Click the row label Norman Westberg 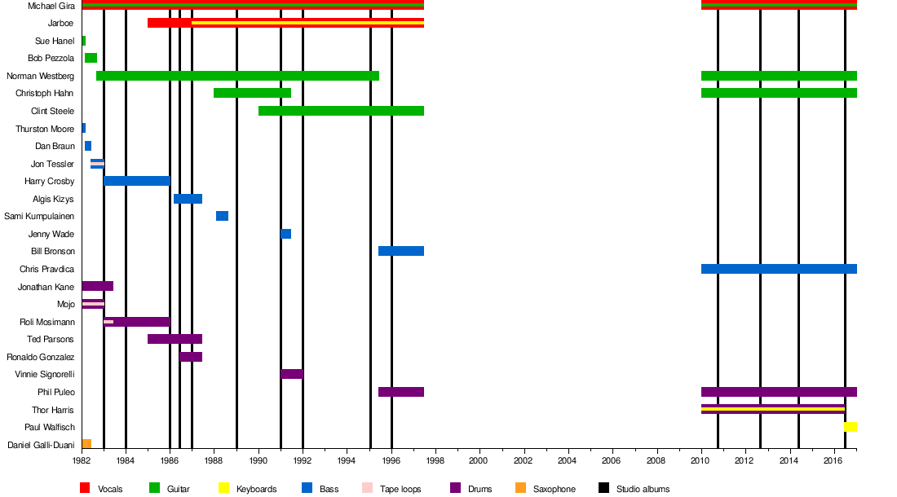point(40,76)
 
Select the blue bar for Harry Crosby point(137,181)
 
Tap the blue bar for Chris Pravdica point(779,269)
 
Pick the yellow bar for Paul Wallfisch point(851,427)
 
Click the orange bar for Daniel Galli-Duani point(86,444)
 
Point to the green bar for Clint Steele point(341,111)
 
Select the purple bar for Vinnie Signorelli point(291,374)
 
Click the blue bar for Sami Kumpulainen point(222,216)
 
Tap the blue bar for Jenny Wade point(285,234)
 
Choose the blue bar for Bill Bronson point(400,251)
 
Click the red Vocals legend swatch point(84,488)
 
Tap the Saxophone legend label point(554,489)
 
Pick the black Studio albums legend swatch point(603,488)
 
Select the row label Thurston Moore point(45,129)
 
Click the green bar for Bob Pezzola point(91,58)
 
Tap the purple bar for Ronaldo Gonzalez point(191,357)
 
